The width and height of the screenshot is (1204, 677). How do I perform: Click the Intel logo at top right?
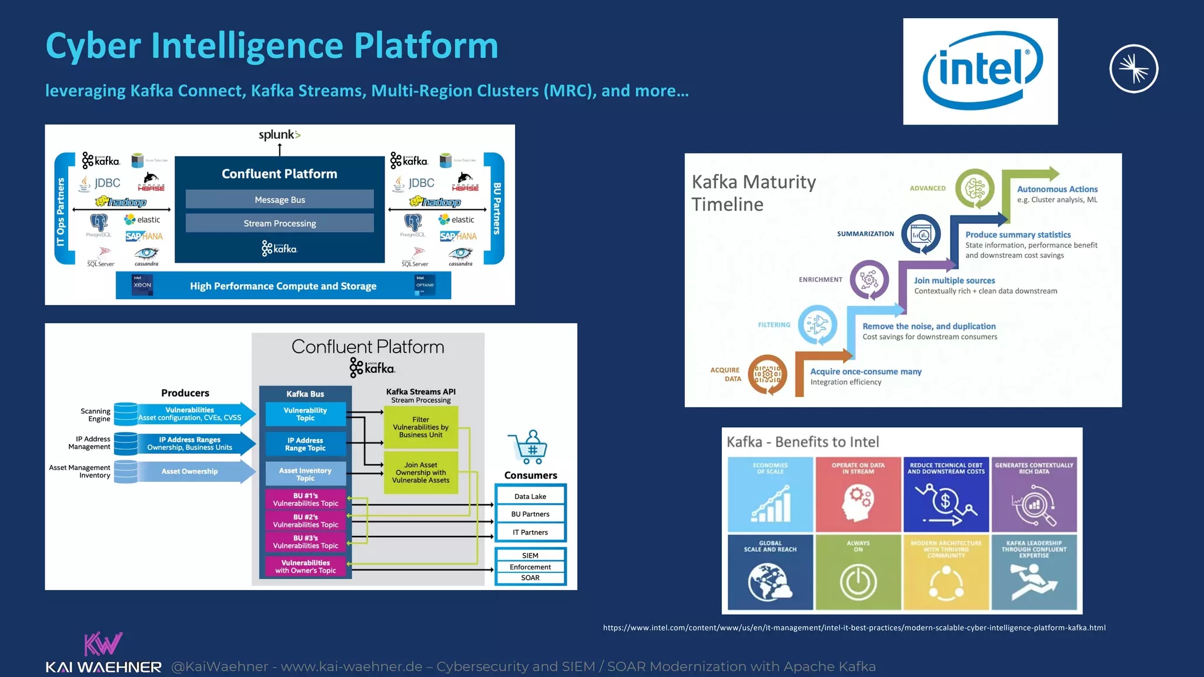tap(980, 71)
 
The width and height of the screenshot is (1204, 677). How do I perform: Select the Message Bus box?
tap(280, 199)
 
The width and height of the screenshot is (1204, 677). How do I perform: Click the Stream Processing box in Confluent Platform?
tap(280, 223)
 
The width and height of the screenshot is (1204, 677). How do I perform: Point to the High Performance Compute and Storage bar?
tap(283, 286)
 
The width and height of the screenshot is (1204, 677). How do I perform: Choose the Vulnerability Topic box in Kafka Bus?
tap(305, 414)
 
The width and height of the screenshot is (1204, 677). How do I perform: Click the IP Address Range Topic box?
tap(305, 444)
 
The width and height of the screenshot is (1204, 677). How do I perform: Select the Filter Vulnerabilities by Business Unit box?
tap(420, 427)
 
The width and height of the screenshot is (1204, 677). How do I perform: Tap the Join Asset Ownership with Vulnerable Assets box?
tap(420, 472)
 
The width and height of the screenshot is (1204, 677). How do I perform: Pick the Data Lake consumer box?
tap(530, 496)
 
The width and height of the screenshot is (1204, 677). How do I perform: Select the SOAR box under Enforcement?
tap(530, 578)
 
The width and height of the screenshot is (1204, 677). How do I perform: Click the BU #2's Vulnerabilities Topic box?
tap(305, 521)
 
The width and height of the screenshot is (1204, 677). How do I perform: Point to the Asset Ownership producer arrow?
tap(190, 471)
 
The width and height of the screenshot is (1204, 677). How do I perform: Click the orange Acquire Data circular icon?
tap(767, 374)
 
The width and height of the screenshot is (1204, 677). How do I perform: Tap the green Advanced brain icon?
tap(975, 189)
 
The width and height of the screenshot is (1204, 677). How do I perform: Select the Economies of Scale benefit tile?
tap(770, 494)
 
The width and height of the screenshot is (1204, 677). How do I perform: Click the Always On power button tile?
tap(858, 572)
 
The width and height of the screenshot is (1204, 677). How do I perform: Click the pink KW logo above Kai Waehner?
tap(103, 644)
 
